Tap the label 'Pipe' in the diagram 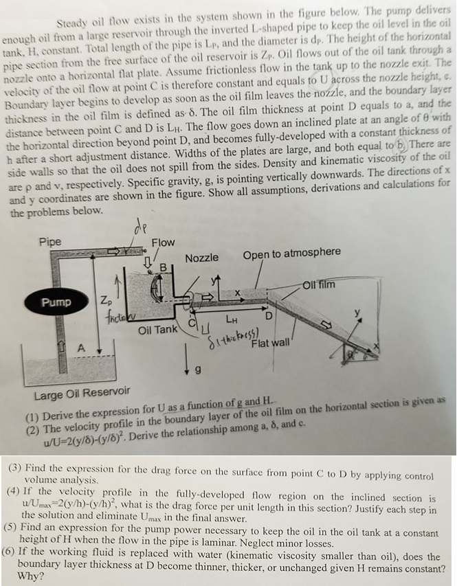pyautogui.click(x=50, y=242)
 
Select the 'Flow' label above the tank pyautogui.click(x=163, y=243)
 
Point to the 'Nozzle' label pyautogui.click(x=202, y=258)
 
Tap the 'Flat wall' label pyautogui.click(x=270, y=342)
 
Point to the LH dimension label pyautogui.click(x=232, y=319)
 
